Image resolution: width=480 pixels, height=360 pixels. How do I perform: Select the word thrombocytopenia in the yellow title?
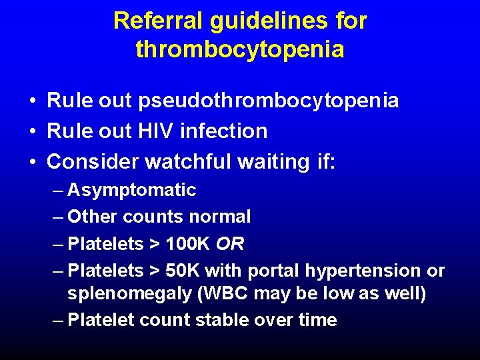(240, 50)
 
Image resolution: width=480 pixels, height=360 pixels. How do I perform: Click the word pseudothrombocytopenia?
(269, 101)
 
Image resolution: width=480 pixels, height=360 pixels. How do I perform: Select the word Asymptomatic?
(132, 190)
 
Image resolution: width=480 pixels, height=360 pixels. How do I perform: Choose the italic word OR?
(230, 244)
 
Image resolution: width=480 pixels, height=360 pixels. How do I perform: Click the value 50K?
(183, 271)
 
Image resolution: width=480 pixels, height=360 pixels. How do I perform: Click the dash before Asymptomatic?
(58, 191)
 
